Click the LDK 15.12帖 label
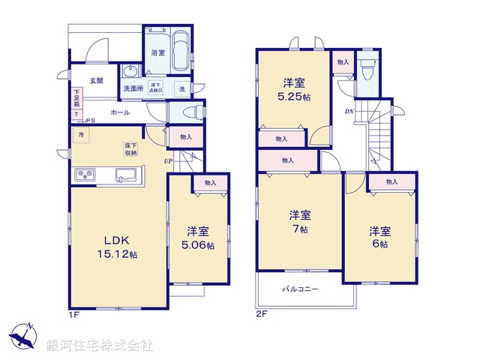click(116, 247)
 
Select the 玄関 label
click(97, 81)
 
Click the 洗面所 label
click(133, 88)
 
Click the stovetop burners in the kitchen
click(84, 175)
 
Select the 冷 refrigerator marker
click(80, 135)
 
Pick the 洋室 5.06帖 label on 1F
click(199, 238)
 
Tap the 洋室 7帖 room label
click(299, 222)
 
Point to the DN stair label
click(349, 111)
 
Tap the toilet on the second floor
click(367, 73)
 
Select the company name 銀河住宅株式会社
click(100, 346)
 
